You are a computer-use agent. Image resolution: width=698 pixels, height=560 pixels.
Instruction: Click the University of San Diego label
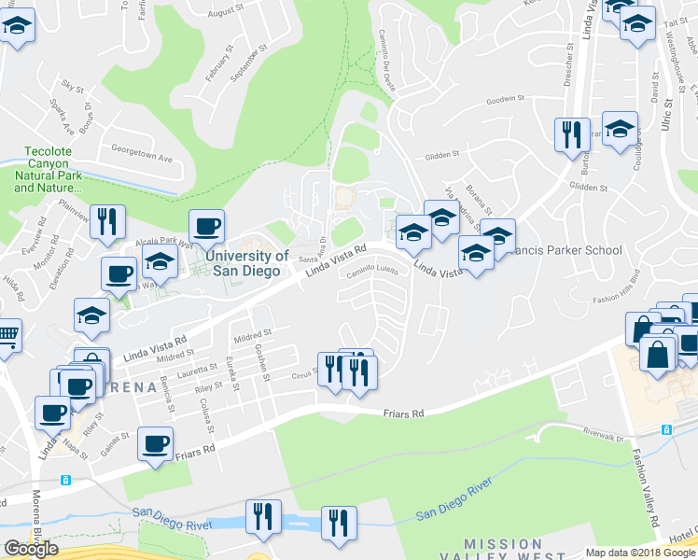(246, 263)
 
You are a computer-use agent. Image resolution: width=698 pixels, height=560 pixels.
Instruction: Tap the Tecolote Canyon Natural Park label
(54, 174)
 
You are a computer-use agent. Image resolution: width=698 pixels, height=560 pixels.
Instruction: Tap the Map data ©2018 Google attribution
(640, 553)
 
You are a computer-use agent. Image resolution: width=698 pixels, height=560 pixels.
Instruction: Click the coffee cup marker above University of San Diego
(206, 226)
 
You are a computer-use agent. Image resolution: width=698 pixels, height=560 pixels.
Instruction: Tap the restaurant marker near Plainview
(107, 222)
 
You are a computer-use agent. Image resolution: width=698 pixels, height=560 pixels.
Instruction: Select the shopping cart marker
(7, 335)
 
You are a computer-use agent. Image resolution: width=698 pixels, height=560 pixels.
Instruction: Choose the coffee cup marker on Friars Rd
(156, 443)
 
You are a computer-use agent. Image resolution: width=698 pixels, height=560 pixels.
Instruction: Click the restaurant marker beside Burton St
(569, 135)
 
